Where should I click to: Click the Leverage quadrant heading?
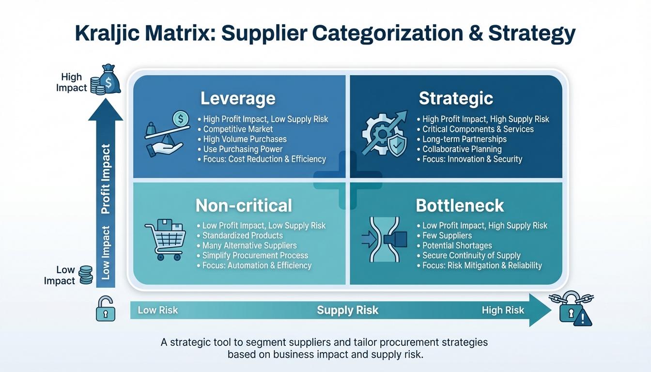[x=237, y=98]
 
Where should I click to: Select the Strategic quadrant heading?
[x=455, y=98]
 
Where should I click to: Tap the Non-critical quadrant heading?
[x=244, y=205]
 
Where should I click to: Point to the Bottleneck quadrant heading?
[x=460, y=205]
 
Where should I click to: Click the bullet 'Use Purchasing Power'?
[x=242, y=149]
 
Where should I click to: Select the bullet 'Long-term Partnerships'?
[x=464, y=139]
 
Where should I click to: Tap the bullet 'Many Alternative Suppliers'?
[x=249, y=246]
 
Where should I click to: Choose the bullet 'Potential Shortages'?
[x=457, y=246]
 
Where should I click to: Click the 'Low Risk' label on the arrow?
[x=158, y=310]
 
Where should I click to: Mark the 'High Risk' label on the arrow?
[x=503, y=310]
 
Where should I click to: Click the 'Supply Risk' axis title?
[x=347, y=310]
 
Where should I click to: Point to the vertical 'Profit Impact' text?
[x=106, y=179]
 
